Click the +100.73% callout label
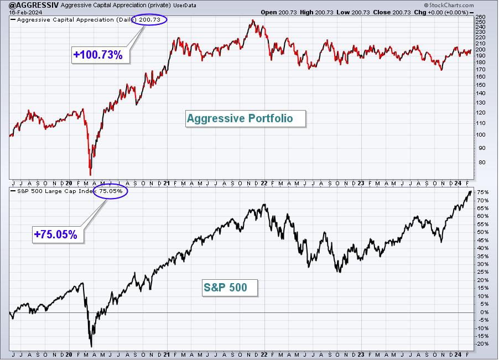tap(98, 55)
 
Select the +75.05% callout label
tap(56, 234)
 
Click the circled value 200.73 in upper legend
tap(150, 20)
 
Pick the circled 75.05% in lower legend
tap(111, 191)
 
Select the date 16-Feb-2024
tap(21, 12)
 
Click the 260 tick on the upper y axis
tap(481, 17)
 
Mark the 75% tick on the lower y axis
tap(483, 192)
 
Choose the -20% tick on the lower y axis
tap(482, 344)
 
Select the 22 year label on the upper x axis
tap(264, 183)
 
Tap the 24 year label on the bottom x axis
tap(458, 354)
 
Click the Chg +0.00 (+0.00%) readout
tap(441, 12)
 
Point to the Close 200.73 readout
tap(392, 12)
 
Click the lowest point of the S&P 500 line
tap(91, 347)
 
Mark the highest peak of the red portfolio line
tap(253, 20)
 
